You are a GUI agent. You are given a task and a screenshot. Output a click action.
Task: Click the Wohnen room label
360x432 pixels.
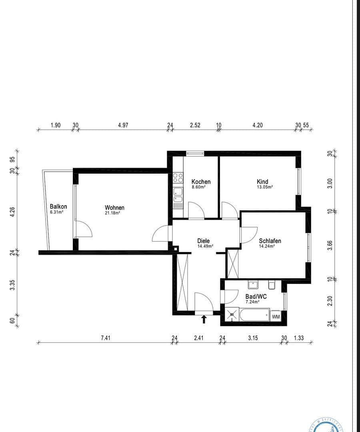point(114,208)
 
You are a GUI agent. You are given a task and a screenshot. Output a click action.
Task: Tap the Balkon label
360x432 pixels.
point(58,207)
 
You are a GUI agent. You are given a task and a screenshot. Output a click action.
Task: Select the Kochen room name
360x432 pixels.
point(201,182)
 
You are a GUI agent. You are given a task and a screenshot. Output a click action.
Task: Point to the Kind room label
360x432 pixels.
point(262,182)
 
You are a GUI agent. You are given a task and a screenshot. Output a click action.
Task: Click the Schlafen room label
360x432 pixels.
point(270,241)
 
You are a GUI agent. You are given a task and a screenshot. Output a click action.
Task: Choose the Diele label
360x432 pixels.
point(203,241)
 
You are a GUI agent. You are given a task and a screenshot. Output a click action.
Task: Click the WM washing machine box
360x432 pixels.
point(276,316)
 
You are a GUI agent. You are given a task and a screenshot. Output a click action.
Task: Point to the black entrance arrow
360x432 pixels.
point(204,319)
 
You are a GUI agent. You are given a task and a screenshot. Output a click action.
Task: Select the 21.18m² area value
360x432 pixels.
point(112,213)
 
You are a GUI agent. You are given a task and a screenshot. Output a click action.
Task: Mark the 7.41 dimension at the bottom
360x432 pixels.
point(105,338)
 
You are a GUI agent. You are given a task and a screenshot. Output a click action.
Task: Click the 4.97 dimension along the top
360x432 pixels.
point(123,125)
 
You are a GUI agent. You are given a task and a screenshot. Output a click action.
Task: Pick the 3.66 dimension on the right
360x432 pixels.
point(330,244)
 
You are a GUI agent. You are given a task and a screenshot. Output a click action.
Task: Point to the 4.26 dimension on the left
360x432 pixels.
point(12,211)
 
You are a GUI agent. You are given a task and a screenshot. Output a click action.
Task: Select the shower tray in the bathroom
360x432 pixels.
point(232,315)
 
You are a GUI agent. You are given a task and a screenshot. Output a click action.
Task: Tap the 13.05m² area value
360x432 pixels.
point(265,187)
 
